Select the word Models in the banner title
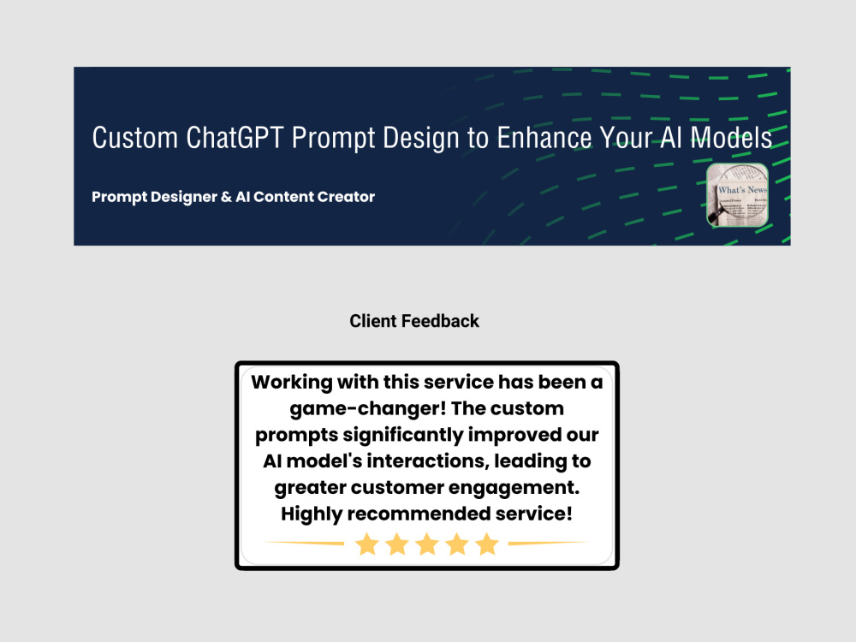pyautogui.click(x=731, y=138)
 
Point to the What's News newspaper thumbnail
pyautogui.click(x=737, y=195)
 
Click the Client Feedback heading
pyautogui.click(x=414, y=321)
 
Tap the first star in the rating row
pyautogui.click(x=367, y=544)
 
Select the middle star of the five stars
pyautogui.click(x=427, y=544)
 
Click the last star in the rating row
pyautogui.click(x=487, y=544)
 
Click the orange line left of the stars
pyautogui.click(x=304, y=543)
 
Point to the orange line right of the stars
pyautogui.click(x=548, y=543)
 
